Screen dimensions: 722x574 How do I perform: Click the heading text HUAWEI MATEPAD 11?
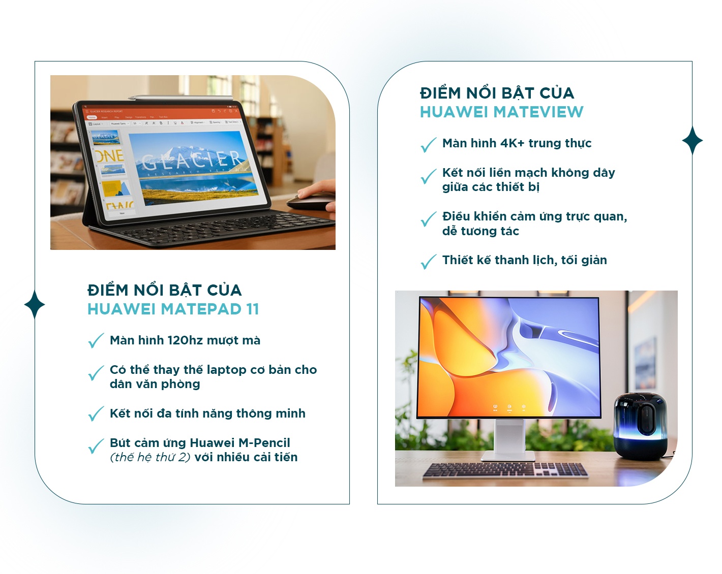click(x=173, y=309)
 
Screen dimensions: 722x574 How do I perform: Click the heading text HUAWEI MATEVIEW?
click(x=501, y=112)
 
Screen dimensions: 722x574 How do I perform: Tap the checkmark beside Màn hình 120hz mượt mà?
click(x=96, y=341)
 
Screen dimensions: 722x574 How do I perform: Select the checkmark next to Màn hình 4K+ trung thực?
click(x=429, y=145)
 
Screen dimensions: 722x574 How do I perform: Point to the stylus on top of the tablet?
click(x=180, y=98)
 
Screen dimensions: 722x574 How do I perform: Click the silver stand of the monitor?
click(x=509, y=439)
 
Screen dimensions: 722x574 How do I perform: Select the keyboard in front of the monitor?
click(x=505, y=470)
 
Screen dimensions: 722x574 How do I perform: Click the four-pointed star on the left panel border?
click(x=35, y=304)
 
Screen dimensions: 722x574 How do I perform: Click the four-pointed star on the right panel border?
click(x=693, y=141)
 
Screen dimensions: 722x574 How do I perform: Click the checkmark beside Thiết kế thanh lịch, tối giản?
click(x=429, y=262)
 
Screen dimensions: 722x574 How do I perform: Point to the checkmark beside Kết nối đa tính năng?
click(x=96, y=413)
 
